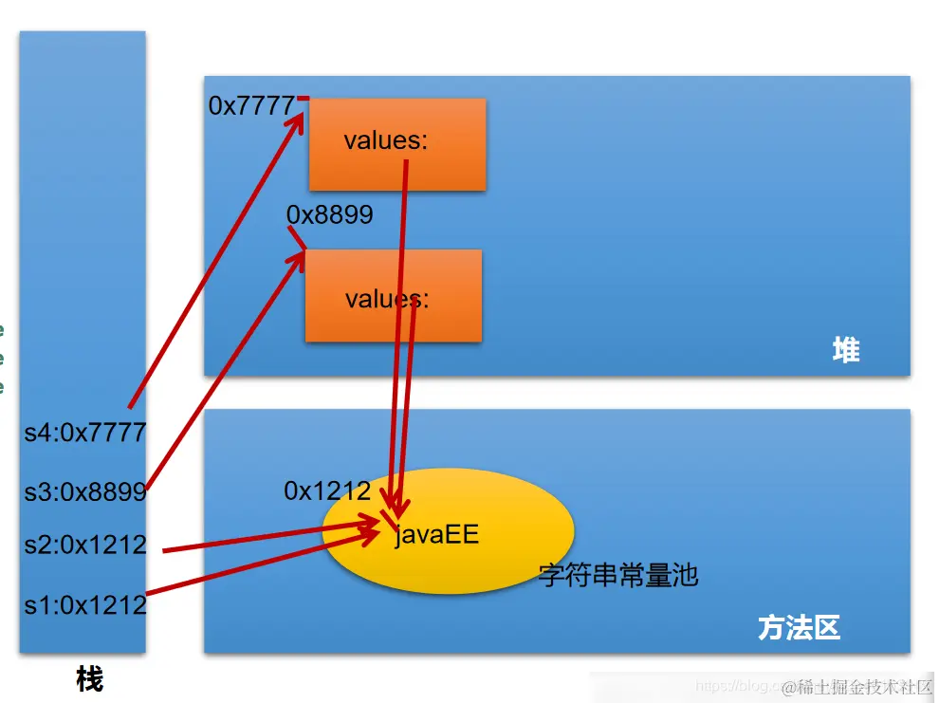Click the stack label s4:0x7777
[85, 433]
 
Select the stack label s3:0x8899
[85, 492]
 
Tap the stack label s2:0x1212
[85, 545]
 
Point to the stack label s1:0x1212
[85, 604]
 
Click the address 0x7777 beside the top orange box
[251, 105]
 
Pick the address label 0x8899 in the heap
[330, 215]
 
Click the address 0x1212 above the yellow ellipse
[327, 490]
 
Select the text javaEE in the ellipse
[437, 535]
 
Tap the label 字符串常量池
[618, 575]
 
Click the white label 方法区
[799, 628]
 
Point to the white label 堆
[845, 351]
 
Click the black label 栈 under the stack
[90, 678]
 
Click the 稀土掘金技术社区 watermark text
[863, 686]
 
